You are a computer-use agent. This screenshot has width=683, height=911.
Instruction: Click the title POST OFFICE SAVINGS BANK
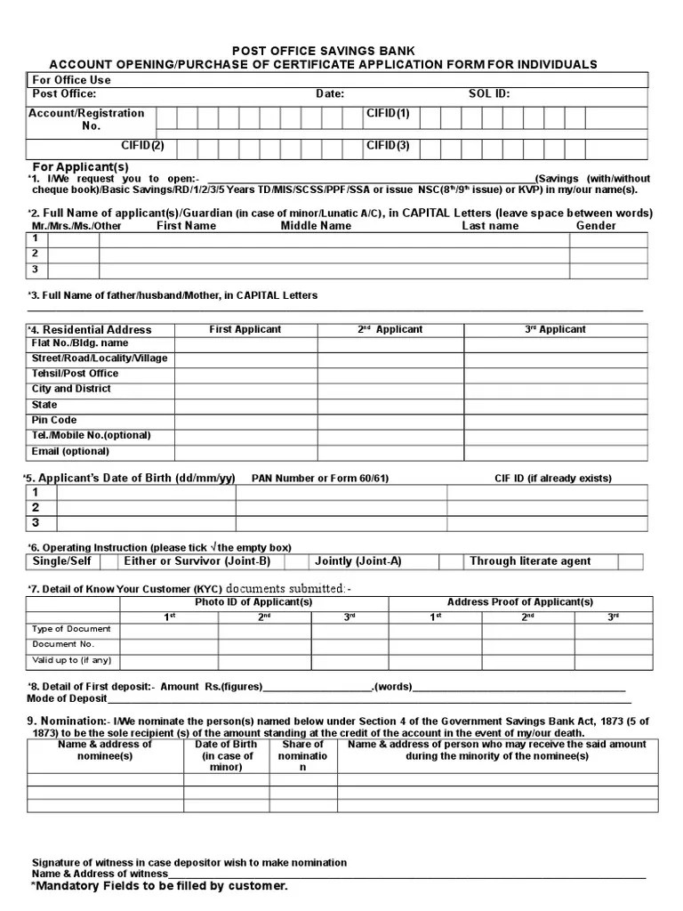pos(324,52)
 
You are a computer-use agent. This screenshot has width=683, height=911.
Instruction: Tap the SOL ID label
pos(489,93)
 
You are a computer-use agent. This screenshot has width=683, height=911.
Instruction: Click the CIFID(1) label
pos(388,113)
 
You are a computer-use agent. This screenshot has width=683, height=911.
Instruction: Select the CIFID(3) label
pos(388,144)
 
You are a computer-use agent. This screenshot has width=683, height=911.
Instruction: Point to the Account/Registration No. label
pos(86,119)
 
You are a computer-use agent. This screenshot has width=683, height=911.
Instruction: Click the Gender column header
pos(596,226)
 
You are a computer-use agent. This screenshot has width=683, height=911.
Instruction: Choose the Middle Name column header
pos(316,226)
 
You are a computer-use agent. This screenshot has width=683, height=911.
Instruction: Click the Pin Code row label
pos(54,420)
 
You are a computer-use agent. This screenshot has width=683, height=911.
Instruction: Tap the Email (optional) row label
pos(71,451)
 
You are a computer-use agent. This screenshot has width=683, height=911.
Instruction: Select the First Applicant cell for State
pos(245,405)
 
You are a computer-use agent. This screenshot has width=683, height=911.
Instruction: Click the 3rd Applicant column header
pos(555,329)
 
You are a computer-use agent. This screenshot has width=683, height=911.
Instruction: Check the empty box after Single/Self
pos(108,561)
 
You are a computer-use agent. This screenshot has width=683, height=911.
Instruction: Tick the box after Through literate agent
pos(630,561)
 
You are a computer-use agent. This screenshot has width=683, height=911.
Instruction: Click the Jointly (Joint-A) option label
pos(358,561)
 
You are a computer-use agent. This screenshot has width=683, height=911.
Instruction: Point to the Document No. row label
pos(63,644)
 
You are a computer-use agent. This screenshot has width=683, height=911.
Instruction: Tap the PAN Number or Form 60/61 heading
pos(320,479)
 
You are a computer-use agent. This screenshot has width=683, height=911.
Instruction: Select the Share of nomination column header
pos(303,755)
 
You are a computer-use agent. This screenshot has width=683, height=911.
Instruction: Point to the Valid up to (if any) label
pos(71,660)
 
